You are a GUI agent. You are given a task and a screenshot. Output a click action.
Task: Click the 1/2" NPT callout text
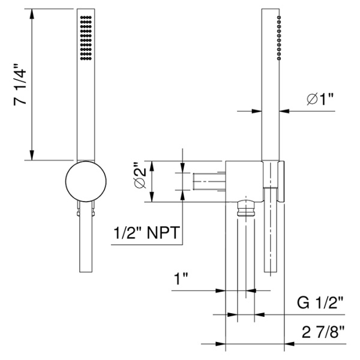point(148,233)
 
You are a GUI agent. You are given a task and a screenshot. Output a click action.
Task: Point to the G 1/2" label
point(322,304)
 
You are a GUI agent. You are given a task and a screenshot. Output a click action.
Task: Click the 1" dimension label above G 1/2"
point(181,279)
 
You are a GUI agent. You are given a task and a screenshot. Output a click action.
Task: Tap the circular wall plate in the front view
point(85,182)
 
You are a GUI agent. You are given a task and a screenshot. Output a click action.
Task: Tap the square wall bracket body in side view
point(244,180)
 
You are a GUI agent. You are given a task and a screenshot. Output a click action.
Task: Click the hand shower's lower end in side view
point(271,264)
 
